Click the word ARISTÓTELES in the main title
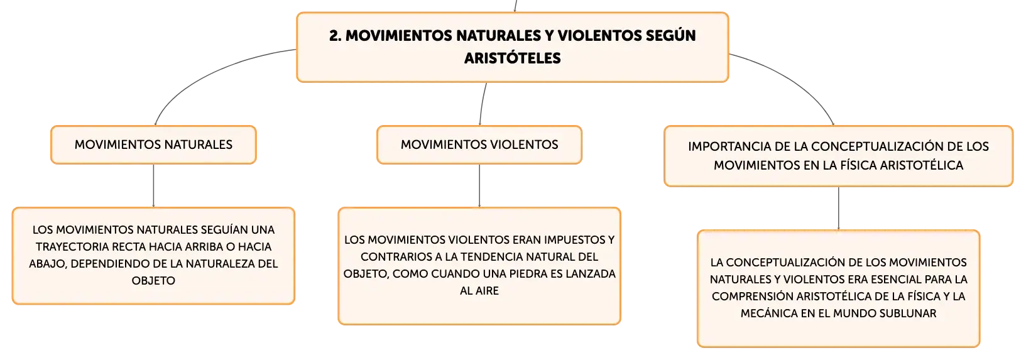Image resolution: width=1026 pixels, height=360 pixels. pyautogui.click(x=512, y=58)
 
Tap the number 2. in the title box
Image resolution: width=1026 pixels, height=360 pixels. pyautogui.click(x=335, y=36)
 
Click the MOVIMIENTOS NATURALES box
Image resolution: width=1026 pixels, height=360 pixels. pyautogui.click(x=153, y=145)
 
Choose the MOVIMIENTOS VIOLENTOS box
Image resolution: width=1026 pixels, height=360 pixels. pyautogui.click(x=479, y=145)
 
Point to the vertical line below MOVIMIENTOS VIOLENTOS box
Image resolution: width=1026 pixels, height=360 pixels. pyautogui.click(x=479, y=185)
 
